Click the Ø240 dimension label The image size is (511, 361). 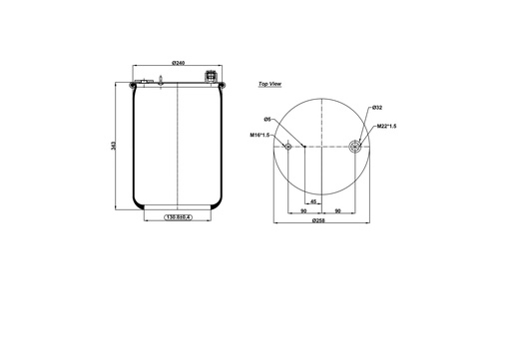[x=177, y=64]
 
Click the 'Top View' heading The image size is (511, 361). [x=269, y=86]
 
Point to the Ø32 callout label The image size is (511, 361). [x=376, y=107]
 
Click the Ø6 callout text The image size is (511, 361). [x=268, y=120]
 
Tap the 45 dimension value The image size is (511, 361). [x=313, y=200]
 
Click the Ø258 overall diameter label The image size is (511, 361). [x=317, y=220]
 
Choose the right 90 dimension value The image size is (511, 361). [x=338, y=210]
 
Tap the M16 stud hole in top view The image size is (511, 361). [x=287, y=147]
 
